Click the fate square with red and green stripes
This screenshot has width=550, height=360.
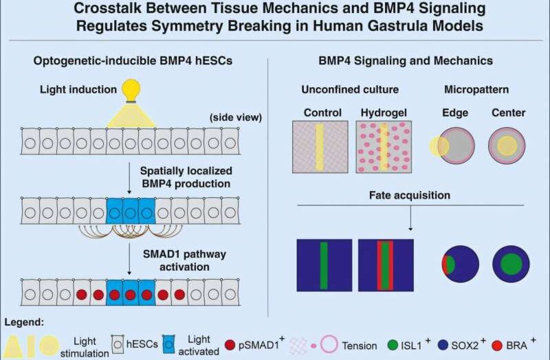click(x=386, y=266)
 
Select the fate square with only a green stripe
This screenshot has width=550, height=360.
click(x=324, y=266)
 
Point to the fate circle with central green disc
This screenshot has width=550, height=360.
click(x=511, y=265)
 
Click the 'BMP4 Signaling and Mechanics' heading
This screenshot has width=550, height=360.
click(x=405, y=61)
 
